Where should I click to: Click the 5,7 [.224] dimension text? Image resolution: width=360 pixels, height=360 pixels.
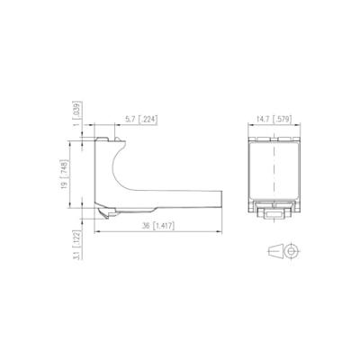pyautogui.click(x=140, y=119)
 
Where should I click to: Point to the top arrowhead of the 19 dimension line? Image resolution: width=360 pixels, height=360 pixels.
pyautogui.click(x=84, y=142)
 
